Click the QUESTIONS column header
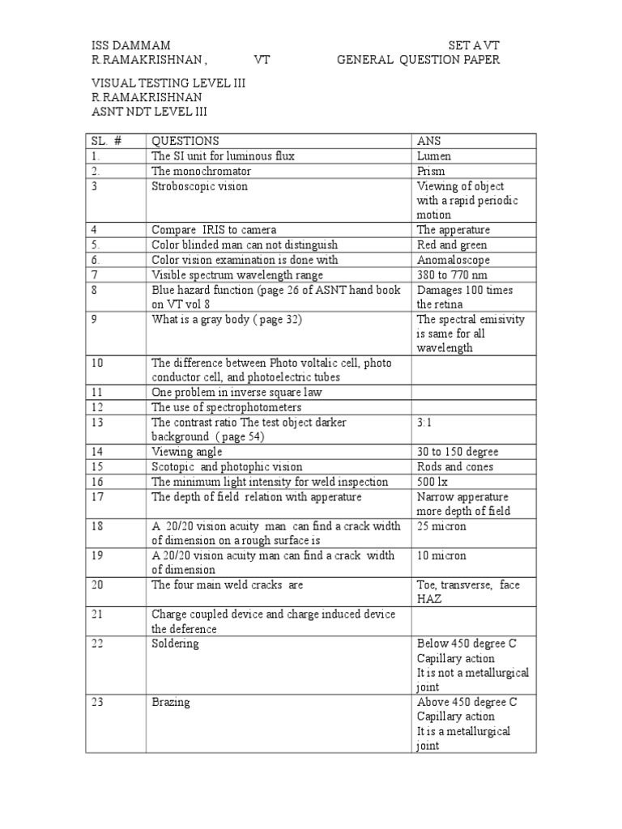(185, 141)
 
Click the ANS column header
(429, 141)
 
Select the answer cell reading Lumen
(434, 156)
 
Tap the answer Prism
(431, 171)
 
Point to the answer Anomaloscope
(454, 260)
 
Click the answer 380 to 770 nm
(452, 274)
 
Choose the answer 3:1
(425, 422)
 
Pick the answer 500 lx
(434, 481)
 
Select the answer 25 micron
(441, 526)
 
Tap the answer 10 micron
(441, 555)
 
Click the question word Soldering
(175, 644)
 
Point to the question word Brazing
(171, 702)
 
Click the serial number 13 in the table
(97, 422)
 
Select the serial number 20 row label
(98, 585)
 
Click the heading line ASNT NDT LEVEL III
(155, 112)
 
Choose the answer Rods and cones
(455, 466)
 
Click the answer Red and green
(452, 244)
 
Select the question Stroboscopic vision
(199, 186)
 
